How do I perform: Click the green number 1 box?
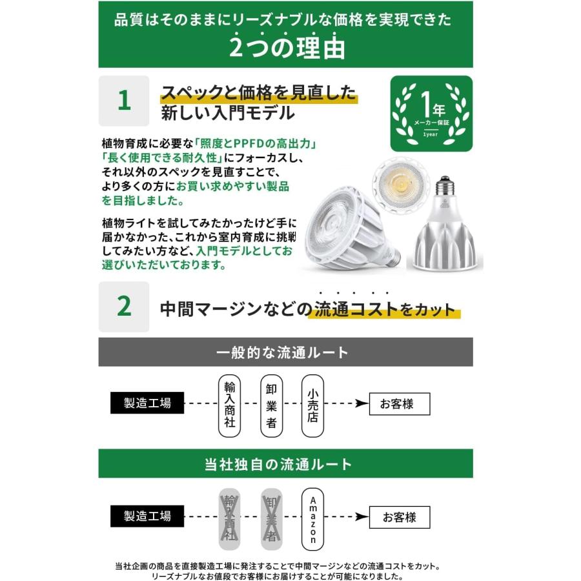[123, 101]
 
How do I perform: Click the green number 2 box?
[123, 307]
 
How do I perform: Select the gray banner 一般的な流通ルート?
[285, 352]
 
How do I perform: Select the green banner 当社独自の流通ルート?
[285, 464]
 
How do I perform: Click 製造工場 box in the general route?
[147, 403]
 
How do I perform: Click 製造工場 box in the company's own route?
[147, 516]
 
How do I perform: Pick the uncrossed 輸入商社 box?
[229, 405]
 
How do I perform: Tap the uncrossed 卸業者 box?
[271, 405]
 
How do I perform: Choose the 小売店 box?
[312, 405]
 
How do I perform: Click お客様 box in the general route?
[399, 404]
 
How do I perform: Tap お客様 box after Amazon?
[399, 517]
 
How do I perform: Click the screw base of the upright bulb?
[443, 187]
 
